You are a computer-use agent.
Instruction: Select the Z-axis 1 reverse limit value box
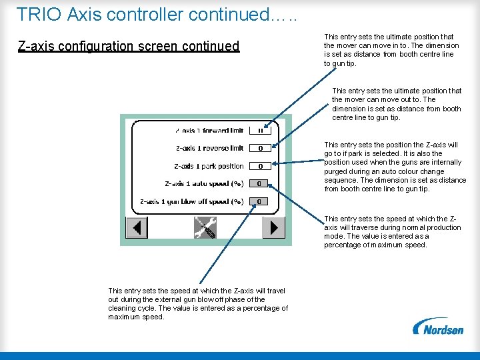[259, 148]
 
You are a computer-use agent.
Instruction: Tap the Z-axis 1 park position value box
[259, 166]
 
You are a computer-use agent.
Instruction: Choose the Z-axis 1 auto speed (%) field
[259, 183]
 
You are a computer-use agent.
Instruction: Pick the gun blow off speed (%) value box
[259, 201]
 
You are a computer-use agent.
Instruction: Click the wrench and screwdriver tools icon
[204, 227]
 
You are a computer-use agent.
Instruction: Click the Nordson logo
[438, 327]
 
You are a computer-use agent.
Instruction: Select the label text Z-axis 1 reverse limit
[209, 148]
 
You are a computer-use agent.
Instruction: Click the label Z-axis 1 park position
[209, 166]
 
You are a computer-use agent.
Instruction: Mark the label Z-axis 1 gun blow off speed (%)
[191, 201]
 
